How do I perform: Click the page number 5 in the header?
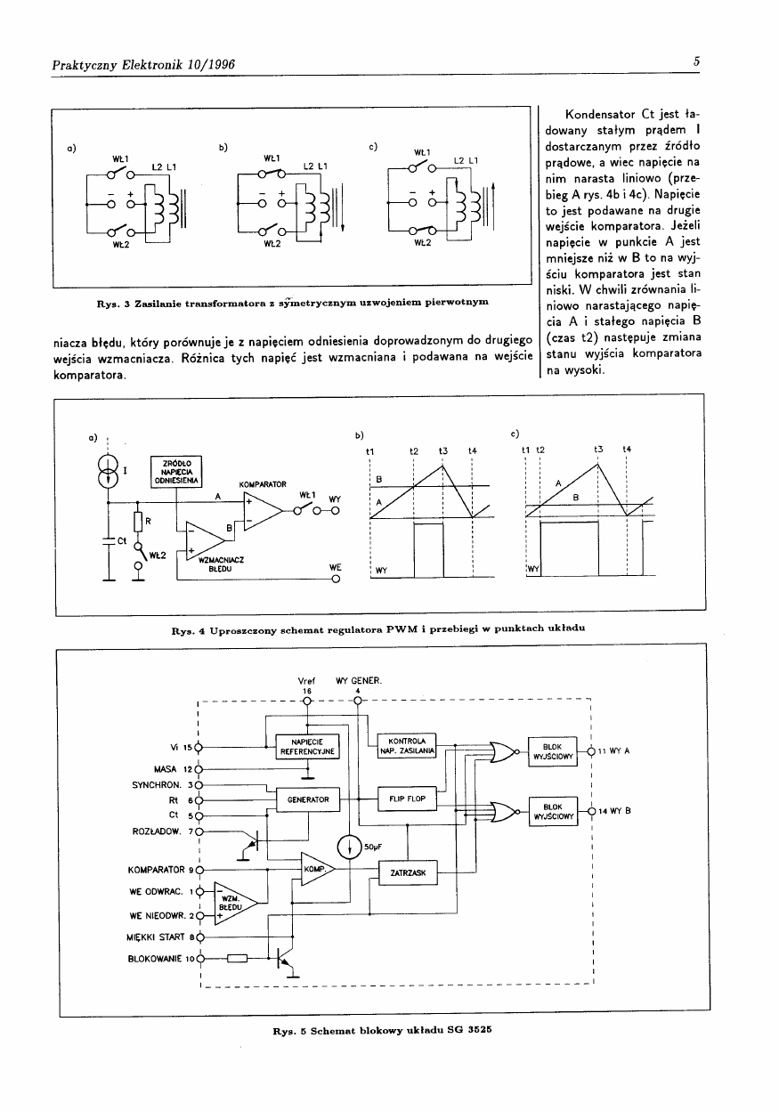click(697, 61)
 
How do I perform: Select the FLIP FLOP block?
click(408, 799)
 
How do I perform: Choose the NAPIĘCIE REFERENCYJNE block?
click(306, 746)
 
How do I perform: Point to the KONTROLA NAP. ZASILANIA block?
click(407, 746)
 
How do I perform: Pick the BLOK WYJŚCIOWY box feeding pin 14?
click(553, 811)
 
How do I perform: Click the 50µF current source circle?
click(350, 846)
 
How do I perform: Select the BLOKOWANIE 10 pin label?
click(161, 959)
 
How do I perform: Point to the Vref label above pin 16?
click(307, 681)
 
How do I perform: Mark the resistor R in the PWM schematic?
click(138, 522)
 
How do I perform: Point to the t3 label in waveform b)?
click(442, 451)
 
